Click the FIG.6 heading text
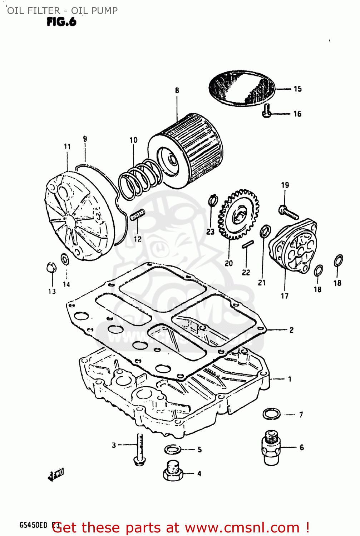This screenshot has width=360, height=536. pos(61,22)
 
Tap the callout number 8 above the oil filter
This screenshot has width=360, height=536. pos(177,90)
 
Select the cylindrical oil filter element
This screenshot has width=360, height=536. pos(189,150)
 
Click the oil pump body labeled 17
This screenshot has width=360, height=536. pos(293,247)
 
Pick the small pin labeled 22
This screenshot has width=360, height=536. pos(247,244)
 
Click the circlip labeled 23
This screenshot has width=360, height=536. pos(213,200)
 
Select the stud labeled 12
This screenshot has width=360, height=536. pos(137,215)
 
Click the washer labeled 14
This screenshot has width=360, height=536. pos(65,259)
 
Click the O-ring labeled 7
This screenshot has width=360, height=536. pos(272,414)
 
